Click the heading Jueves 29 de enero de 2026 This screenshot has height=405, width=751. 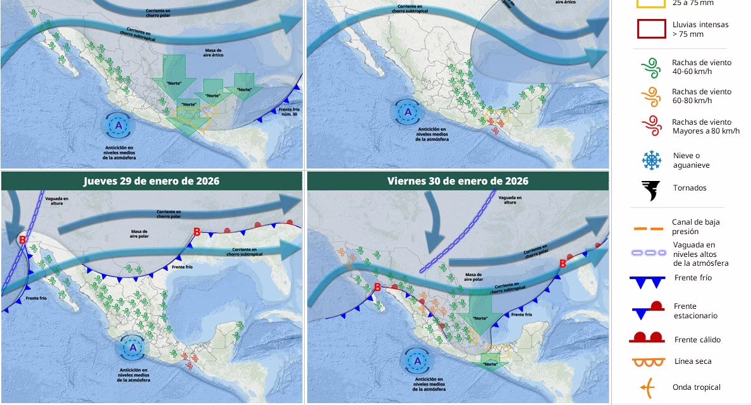pyautogui.click(x=152, y=181)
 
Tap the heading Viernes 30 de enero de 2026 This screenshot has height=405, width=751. pyautogui.click(x=458, y=181)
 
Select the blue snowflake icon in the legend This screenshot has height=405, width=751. pyautogui.click(x=650, y=160)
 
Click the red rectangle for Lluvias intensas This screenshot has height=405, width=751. pyautogui.click(x=650, y=29)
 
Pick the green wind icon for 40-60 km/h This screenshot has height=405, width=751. pyautogui.click(x=650, y=67)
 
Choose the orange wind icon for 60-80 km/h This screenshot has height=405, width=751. pyautogui.click(x=650, y=96)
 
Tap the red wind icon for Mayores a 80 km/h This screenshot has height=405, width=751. pyautogui.click(x=650, y=126)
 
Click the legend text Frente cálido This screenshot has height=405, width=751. pyautogui.click(x=697, y=340)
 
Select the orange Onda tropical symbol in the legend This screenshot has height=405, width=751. pyautogui.click(x=648, y=387)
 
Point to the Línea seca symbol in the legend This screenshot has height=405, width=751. pyautogui.click(x=648, y=363)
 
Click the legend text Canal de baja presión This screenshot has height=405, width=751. pyautogui.click(x=695, y=227)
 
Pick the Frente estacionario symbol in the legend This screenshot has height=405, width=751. pyautogui.click(x=648, y=310)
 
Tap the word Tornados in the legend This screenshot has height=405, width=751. pyautogui.click(x=690, y=188)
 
